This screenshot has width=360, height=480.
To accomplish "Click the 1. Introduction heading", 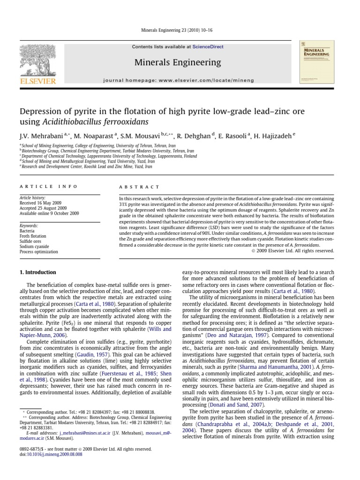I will (37, 272).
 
